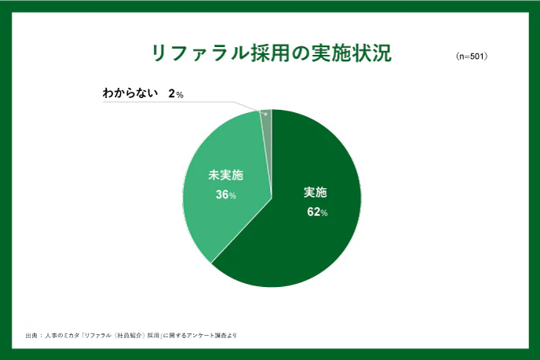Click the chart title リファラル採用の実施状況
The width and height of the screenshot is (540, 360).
click(271, 53)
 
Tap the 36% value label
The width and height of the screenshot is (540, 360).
click(226, 195)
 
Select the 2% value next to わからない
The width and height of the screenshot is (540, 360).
click(175, 94)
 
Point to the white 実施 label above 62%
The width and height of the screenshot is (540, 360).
click(316, 193)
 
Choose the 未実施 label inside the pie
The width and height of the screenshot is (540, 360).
click(225, 175)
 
